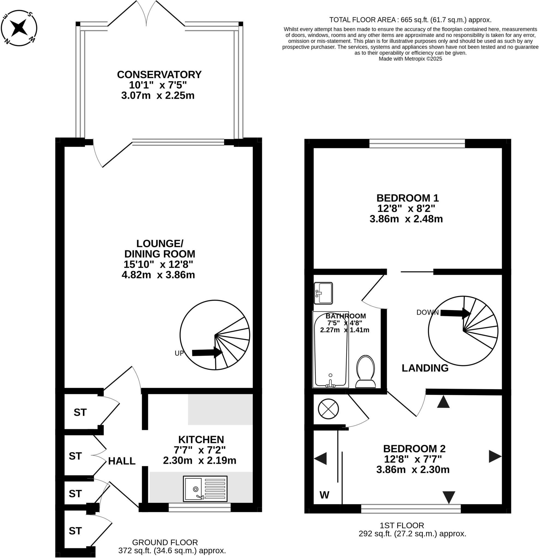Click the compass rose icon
click(x=19, y=28)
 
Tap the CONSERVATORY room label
click(x=159, y=75)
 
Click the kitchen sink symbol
click(x=205, y=489)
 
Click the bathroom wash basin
click(x=323, y=293)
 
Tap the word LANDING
click(x=425, y=368)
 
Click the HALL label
click(x=121, y=461)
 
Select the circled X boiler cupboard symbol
click(x=328, y=409)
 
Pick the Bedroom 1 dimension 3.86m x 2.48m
click(x=406, y=219)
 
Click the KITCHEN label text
click(x=201, y=439)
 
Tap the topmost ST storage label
click(x=80, y=412)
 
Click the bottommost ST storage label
click(x=75, y=531)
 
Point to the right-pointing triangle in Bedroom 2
click(x=495, y=456)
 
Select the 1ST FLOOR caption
click(x=402, y=525)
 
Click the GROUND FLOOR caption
click(x=165, y=542)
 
